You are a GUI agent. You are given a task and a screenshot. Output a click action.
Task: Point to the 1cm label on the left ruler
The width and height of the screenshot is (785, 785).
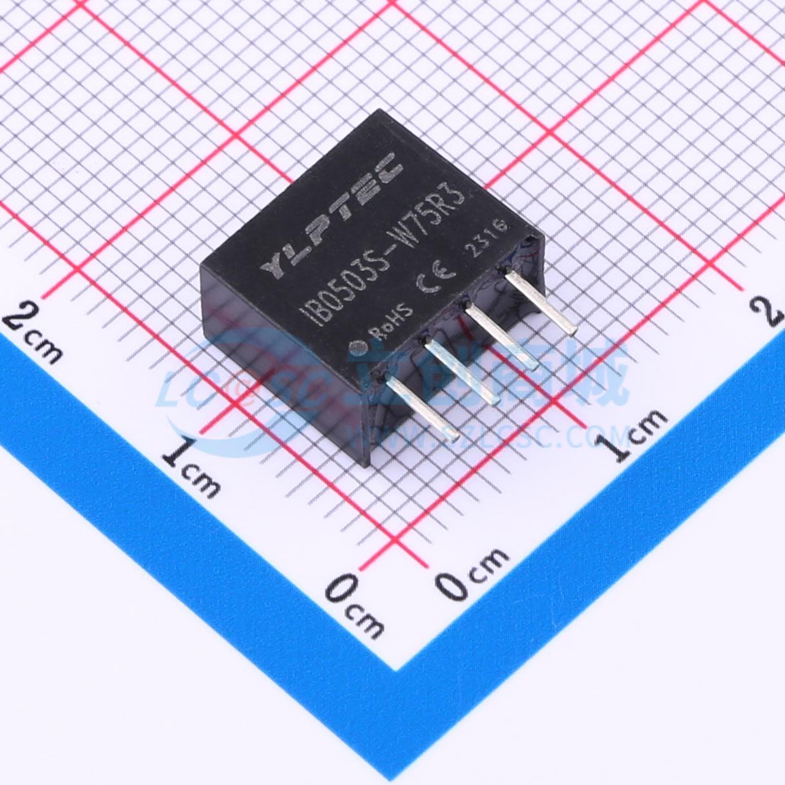coord(191,465)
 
